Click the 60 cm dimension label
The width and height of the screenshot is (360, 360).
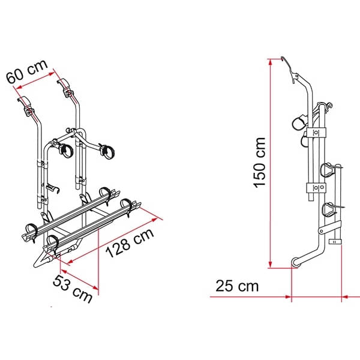click(27, 72)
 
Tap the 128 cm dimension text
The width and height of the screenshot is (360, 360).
click(130, 243)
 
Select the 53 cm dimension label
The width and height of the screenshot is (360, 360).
click(73, 289)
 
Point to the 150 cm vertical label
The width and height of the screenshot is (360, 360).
click(259, 163)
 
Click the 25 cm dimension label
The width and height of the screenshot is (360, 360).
click(237, 286)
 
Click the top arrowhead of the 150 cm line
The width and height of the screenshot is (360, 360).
click(271, 62)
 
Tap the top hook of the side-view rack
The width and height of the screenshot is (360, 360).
click(289, 69)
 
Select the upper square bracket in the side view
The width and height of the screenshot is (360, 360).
click(316, 133)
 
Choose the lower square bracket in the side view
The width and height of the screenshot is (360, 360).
click(316, 188)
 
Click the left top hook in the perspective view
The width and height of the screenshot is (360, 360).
click(25, 105)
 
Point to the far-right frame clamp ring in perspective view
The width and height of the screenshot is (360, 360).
click(106, 151)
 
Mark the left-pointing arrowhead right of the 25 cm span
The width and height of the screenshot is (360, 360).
click(345, 297)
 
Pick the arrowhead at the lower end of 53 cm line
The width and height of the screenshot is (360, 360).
click(95, 287)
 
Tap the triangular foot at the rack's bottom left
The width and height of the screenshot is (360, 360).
click(43, 259)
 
